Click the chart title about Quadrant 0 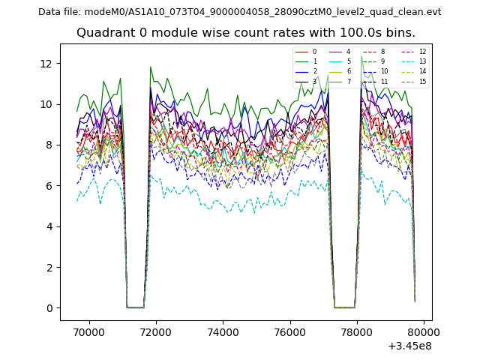(245, 33)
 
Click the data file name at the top (239, 12)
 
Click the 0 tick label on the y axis (50, 308)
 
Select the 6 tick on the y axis (50, 186)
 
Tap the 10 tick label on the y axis (47, 104)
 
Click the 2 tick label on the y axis (50, 268)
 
